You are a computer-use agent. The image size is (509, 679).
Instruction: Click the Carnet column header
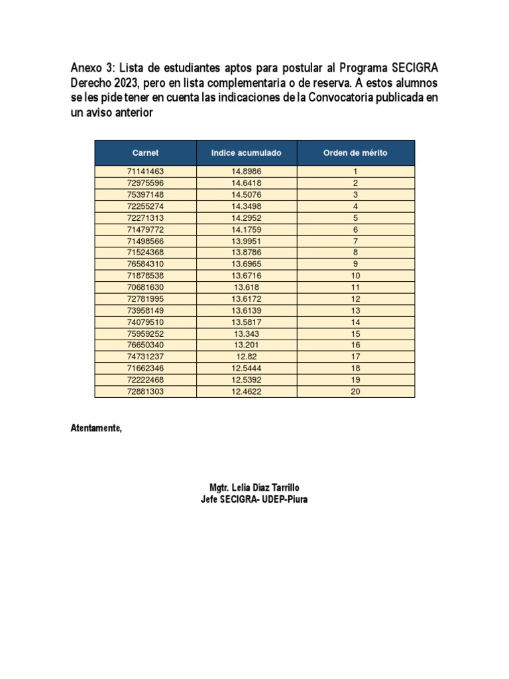pos(145,153)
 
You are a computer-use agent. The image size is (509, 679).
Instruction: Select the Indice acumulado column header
pos(246,153)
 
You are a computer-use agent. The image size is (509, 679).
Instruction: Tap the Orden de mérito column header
pos(355,153)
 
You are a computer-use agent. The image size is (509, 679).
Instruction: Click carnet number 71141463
pos(145,171)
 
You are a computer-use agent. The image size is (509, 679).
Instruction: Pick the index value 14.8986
pos(246,171)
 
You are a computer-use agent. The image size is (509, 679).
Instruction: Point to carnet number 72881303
pos(145,392)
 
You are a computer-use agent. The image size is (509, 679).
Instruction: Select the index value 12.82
pos(246,357)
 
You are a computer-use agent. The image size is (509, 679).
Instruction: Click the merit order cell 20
pos(355,392)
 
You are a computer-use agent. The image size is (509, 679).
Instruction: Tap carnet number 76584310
pos(145,264)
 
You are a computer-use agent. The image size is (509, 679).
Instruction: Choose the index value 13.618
pos(246,287)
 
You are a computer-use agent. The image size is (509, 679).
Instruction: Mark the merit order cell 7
pos(355,241)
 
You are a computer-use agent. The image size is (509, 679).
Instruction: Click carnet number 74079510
pos(145,322)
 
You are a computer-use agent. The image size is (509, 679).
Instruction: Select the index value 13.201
pos(246,345)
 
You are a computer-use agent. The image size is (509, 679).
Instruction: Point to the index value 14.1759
pos(246,229)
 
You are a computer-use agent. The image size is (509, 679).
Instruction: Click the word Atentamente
pos(97,428)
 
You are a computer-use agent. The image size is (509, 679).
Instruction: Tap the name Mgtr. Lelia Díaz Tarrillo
pos(254,487)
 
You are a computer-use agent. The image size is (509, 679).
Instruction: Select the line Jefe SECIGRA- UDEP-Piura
pos(254,499)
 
